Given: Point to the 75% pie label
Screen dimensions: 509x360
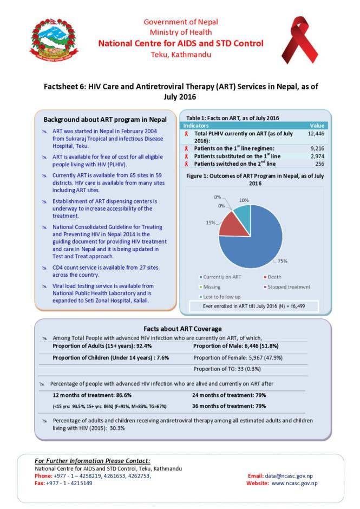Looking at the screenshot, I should (x=282, y=261).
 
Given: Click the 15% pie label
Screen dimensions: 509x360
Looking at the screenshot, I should (x=210, y=223).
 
